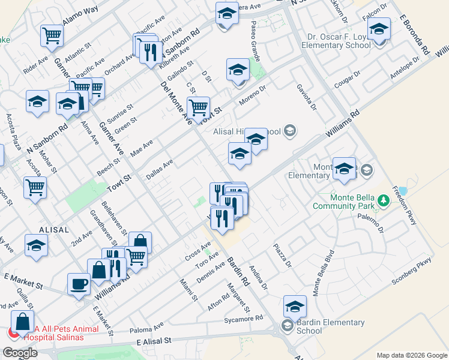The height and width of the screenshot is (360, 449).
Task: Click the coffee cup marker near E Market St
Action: point(79,284)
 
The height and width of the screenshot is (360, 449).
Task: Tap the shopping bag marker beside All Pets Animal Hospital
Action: point(22,322)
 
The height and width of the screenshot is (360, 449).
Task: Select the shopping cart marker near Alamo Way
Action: point(52,35)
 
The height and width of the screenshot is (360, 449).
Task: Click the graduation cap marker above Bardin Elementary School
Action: point(295,307)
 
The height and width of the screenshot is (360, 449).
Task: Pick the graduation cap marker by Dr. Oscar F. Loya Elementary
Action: point(379,29)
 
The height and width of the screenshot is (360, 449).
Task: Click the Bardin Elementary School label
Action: point(331,326)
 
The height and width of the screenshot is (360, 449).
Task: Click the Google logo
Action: point(20,353)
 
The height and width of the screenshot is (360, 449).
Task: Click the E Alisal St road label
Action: point(154,341)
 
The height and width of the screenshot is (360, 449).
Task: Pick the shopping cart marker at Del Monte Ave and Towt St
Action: point(198,108)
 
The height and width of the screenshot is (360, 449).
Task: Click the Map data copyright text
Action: point(411,355)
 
